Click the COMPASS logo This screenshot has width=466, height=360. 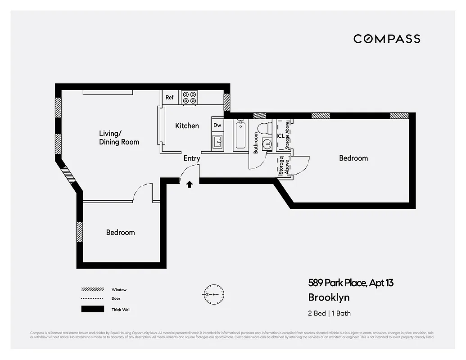tap(387, 39)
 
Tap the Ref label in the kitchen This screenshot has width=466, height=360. tap(170, 97)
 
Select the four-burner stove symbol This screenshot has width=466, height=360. tap(190, 98)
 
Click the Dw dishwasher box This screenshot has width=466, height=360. tap(217, 125)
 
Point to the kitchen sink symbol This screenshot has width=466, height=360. tap(218, 142)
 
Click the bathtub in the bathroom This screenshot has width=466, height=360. tap(240, 135)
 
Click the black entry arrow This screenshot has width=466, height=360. tap(190, 184)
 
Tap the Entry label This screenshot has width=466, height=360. tap(192, 158)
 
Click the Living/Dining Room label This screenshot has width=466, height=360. tap(119, 138)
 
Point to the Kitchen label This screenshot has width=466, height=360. tap(187, 126)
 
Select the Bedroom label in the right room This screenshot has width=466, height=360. tap(353, 158)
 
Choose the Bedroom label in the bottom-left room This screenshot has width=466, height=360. tap(120, 232)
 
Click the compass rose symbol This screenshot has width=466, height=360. tap(213, 294)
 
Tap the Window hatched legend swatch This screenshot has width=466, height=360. tap(90, 289)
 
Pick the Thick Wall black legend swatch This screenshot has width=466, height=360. tap(90, 309)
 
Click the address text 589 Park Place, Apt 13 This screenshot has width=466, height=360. tap(351, 283)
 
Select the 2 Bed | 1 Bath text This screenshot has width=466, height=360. tap(329, 313)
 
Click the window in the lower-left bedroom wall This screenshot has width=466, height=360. tap(80, 232)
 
